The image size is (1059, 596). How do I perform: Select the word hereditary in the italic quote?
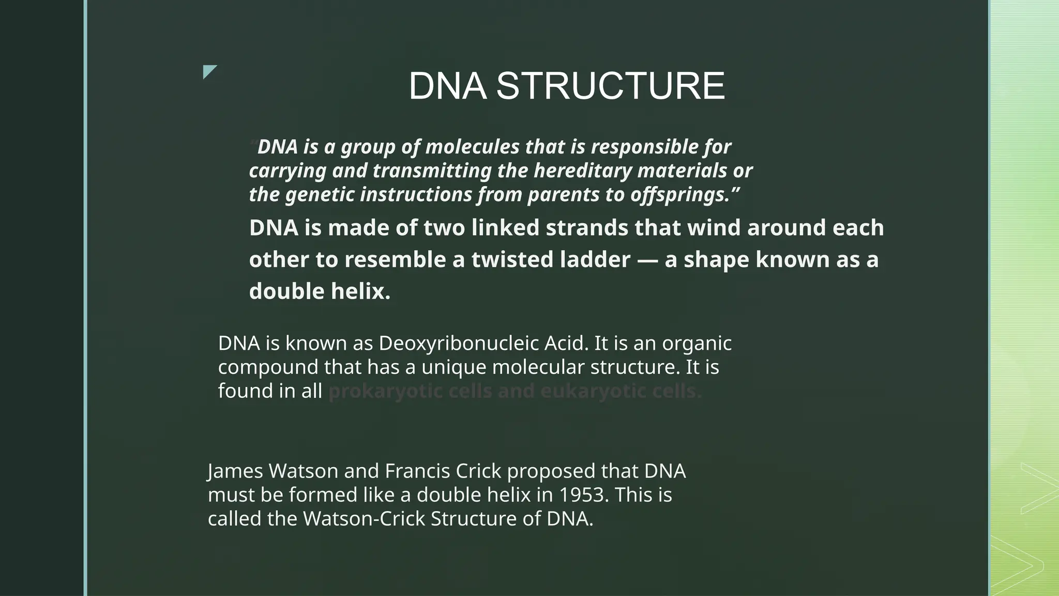[582, 171]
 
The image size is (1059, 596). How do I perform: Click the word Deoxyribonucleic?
[483, 344]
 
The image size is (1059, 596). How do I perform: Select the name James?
[235, 471]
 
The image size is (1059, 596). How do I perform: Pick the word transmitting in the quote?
[432, 171]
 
